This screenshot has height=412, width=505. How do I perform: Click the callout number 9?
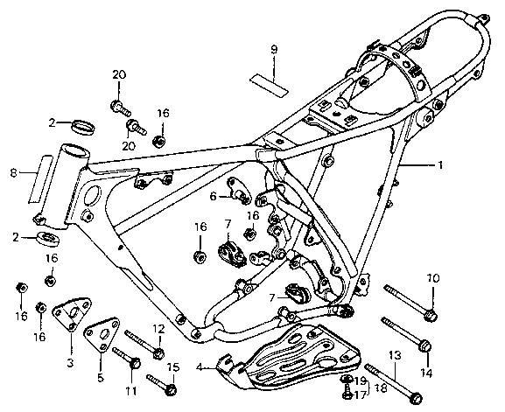(274, 50)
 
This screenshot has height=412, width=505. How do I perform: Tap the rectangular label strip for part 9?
(269, 85)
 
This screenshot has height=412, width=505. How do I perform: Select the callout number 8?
(13, 173)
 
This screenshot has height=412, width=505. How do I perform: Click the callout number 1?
(440, 165)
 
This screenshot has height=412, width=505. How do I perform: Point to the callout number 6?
(213, 196)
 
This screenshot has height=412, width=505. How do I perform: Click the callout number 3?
(71, 363)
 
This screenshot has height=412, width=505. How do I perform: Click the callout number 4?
(200, 367)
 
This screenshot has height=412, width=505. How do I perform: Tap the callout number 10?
(433, 278)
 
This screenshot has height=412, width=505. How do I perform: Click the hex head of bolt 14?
(425, 346)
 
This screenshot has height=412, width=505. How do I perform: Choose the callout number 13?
(396, 356)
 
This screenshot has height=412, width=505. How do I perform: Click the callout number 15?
(173, 367)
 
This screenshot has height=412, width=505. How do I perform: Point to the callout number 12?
(158, 329)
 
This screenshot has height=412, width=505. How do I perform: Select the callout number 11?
(131, 391)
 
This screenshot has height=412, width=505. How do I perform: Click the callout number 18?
(381, 388)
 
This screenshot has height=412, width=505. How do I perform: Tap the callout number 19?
(360, 381)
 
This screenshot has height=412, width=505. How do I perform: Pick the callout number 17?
(360, 395)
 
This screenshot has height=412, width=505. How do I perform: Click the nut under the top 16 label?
(159, 140)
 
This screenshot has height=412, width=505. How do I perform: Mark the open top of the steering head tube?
(74, 150)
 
